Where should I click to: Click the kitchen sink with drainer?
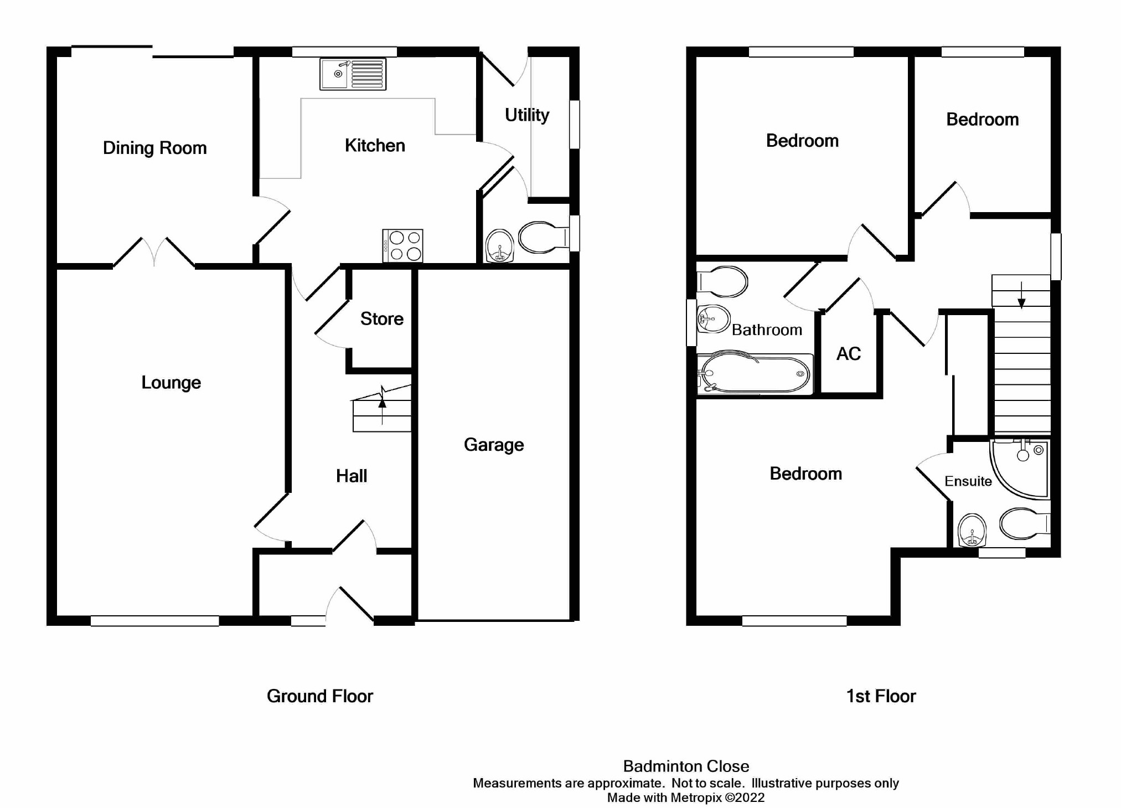pyautogui.click(x=353, y=74)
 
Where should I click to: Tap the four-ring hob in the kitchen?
pyautogui.click(x=403, y=245)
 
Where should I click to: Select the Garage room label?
pyautogui.click(x=493, y=444)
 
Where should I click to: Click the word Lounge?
pyautogui.click(x=171, y=382)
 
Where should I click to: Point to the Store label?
pyautogui.click(x=381, y=318)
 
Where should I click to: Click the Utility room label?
pyautogui.click(x=526, y=115)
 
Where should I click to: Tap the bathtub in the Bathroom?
pyautogui.click(x=755, y=374)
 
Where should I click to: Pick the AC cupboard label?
pyautogui.click(x=848, y=353)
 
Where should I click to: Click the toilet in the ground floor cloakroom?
pyautogui.click(x=543, y=237)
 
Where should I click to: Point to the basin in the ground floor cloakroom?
pyautogui.click(x=499, y=245)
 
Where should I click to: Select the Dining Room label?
pyautogui.click(x=154, y=148)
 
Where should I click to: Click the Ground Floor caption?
pyautogui.click(x=319, y=696)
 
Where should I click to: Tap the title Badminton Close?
pyautogui.click(x=686, y=766)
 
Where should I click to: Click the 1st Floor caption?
pyautogui.click(x=881, y=696)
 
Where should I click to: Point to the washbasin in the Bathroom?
pyautogui.click(x=713, y=318)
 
